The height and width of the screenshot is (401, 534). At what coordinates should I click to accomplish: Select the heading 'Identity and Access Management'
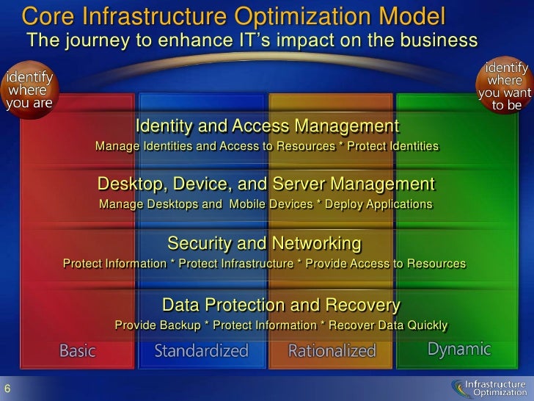click(267, 126)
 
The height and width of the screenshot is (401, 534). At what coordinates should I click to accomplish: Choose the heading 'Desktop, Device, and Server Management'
click(266, 183)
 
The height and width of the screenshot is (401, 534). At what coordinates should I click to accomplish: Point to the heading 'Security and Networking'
click(264, 243)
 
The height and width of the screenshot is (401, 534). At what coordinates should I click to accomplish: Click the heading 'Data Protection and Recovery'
click(281, 305)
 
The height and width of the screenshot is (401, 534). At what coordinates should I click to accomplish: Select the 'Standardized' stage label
click(201, 351)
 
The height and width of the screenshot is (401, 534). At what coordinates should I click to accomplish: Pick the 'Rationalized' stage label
click(332, 351)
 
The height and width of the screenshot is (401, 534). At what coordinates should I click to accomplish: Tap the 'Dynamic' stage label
click(459, 349)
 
